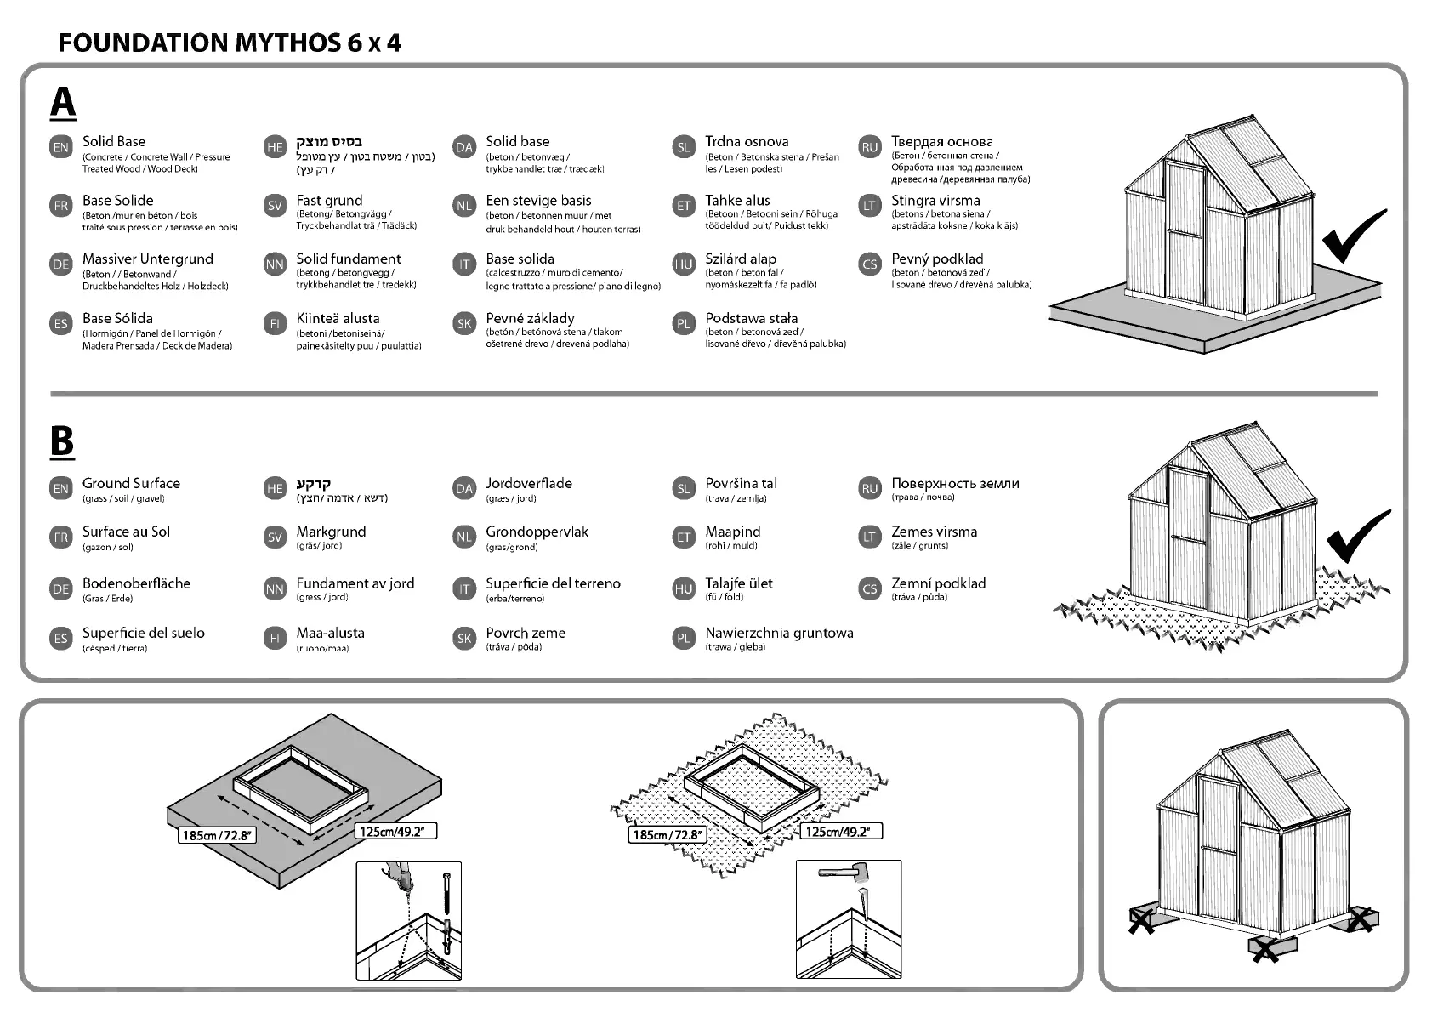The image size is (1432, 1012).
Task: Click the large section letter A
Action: [x=63, y=102]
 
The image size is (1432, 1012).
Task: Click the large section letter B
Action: [x=62, y=441]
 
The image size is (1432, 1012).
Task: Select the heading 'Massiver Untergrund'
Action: [x=147, y=259]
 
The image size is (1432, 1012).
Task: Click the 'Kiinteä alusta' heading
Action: [x=338, y=318]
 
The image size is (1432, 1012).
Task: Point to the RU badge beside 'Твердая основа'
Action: [x=869, y=147]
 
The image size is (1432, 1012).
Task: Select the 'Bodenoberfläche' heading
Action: [x=136, y=583]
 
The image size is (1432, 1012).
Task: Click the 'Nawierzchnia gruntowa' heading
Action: [x=779, y=633]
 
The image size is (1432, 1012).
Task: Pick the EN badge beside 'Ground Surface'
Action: [x=61, y=489]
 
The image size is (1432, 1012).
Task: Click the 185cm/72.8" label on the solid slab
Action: [x=218, y=834]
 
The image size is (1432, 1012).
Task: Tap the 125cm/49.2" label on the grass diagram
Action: [x=842, y=831]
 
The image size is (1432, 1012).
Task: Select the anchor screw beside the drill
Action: [x=445, y=893]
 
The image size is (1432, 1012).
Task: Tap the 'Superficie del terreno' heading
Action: [x=553, y=583]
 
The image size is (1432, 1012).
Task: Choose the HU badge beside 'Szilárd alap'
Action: [x=684, y=264]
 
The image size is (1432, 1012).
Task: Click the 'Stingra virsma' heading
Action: [x=935, y=201]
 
